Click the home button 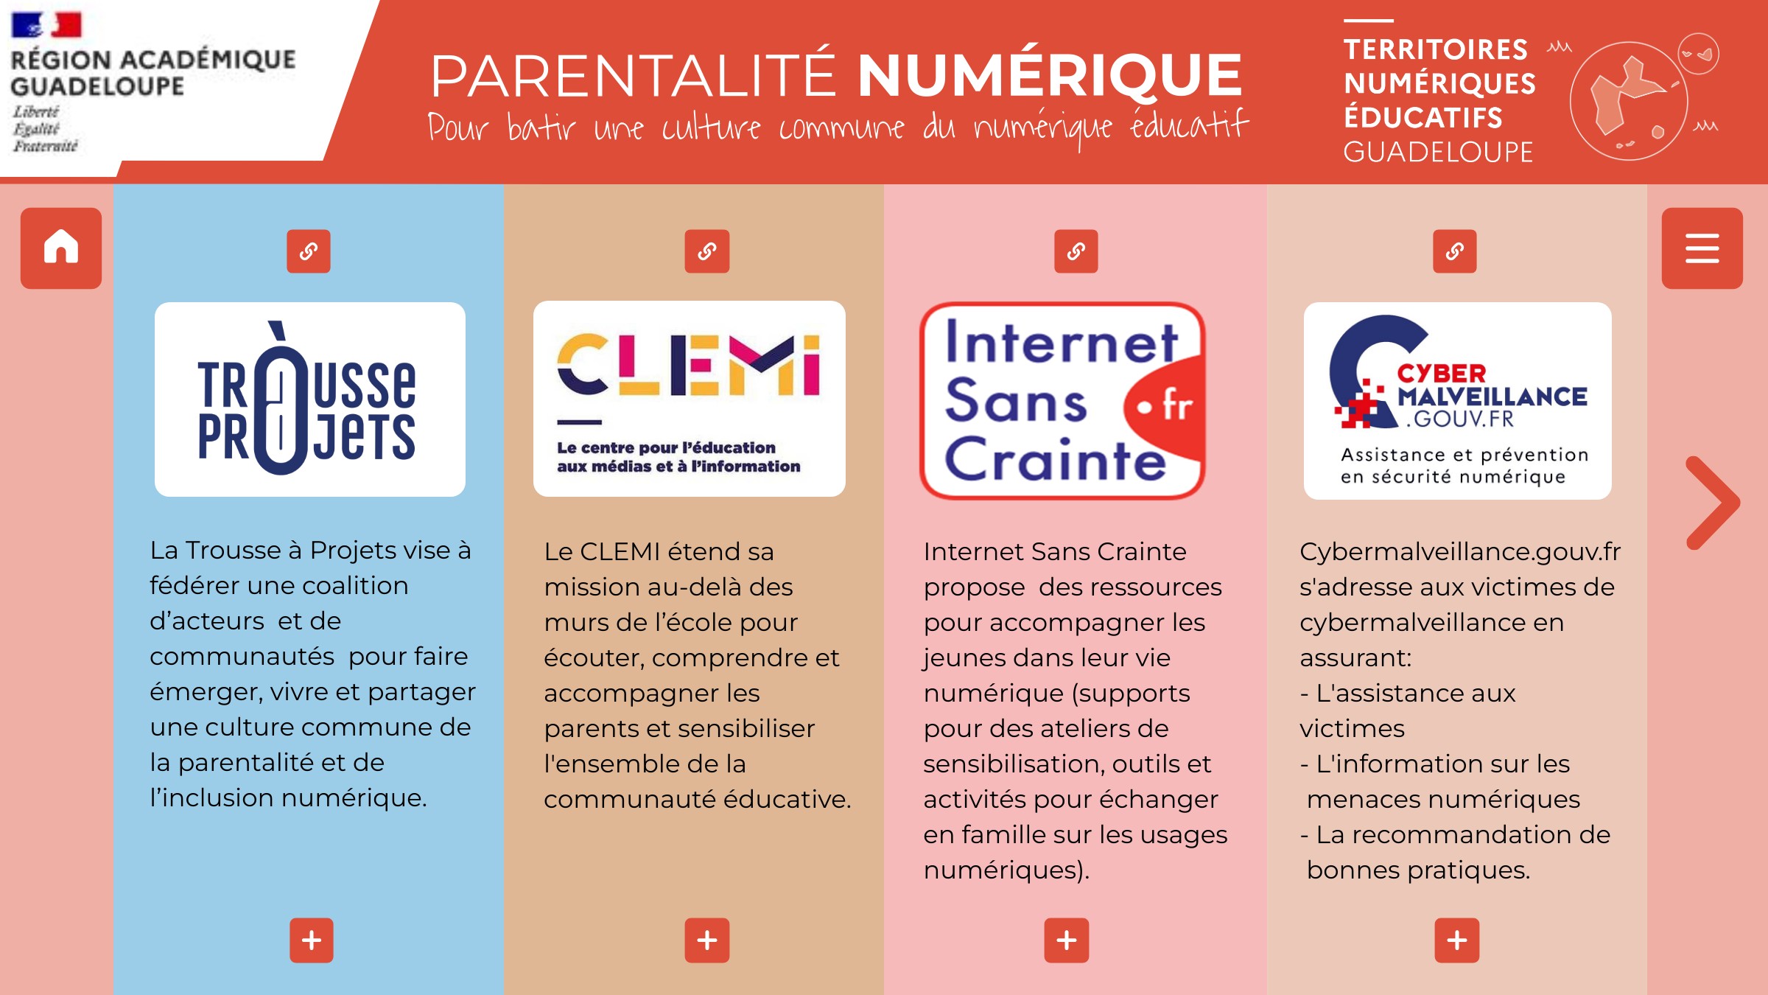[61, 248]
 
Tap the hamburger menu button [1702, 248]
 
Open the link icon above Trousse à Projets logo [309, 251]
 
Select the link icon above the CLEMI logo [707, 251]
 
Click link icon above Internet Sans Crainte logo [1076, 251]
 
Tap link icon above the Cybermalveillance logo [1455, 251]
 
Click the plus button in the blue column [312, 940]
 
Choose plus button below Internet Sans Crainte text [1067, 940]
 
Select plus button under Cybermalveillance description [1457, 940]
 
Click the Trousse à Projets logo [310, 399]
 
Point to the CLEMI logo [690, 399]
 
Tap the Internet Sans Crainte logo [1062, 400]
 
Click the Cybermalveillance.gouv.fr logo [1458, 400]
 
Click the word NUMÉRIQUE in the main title [1050, 75]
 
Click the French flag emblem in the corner [46, 25]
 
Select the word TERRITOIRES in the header [1436, 49]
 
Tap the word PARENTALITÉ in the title [634, 75]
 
